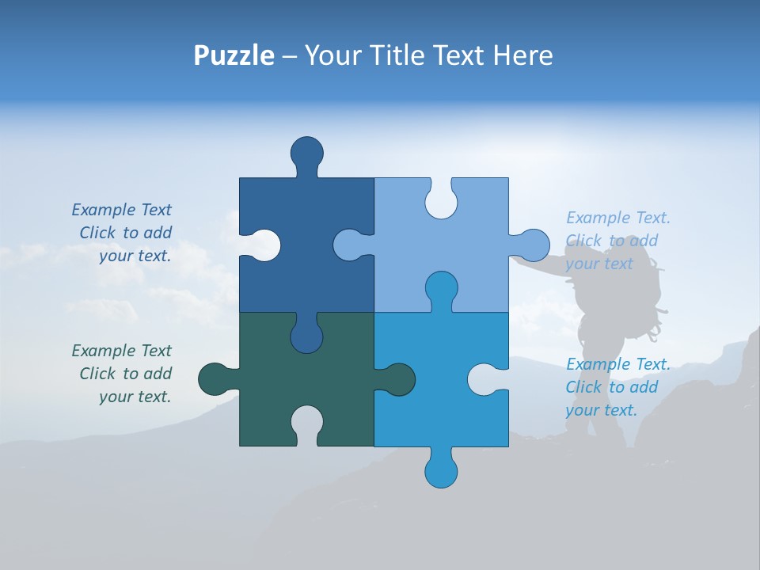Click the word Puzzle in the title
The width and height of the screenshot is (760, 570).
234,55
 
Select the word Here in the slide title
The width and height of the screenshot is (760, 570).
523,55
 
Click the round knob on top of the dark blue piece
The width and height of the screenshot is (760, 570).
306,152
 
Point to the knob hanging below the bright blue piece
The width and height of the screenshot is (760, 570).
441,471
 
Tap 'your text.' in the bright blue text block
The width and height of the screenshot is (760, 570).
601,410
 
